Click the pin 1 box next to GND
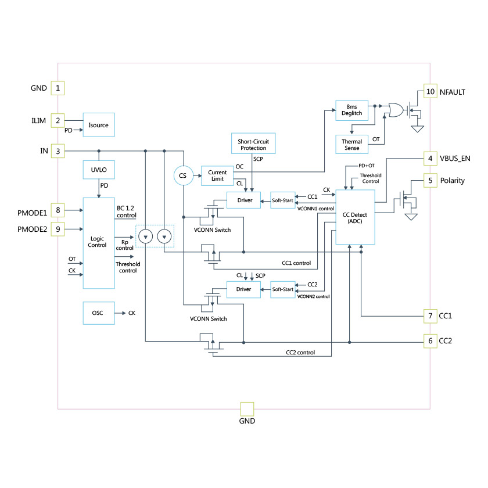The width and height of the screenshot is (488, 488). click(58, 88)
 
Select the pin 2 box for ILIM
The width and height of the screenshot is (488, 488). click(58, 121)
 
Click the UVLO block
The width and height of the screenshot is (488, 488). click(99, 170)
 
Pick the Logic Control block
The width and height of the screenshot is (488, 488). click(99, 242)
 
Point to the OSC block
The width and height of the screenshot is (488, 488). click(98, 313)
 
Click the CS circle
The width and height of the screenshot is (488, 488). click(182, 175)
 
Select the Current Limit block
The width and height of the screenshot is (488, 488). click(217, 175)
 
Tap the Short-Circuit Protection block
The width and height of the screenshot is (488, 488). click(253, 143)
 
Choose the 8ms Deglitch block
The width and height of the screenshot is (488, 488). click(352, 110)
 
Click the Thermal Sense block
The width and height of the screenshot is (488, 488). click(352, 145)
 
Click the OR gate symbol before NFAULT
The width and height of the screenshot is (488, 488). click(397, 110)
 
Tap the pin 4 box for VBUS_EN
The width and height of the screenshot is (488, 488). click(430, 158)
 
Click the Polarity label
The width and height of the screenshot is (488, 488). click(453, 181)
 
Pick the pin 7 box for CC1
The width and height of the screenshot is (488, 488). click(430, 315)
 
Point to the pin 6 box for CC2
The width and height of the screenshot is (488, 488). click(430, 341)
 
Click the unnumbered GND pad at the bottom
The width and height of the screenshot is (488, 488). click(247, 408)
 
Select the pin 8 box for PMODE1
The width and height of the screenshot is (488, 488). click(58, 209)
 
